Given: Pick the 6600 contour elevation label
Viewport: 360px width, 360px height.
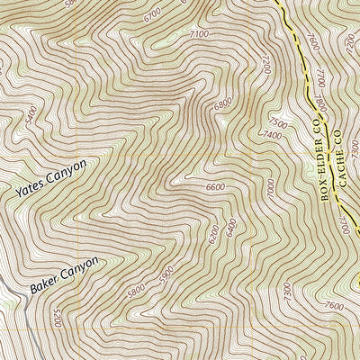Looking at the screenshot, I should (x=215, y=187).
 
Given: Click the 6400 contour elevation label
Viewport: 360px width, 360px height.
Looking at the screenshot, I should (x=230, y=221).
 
